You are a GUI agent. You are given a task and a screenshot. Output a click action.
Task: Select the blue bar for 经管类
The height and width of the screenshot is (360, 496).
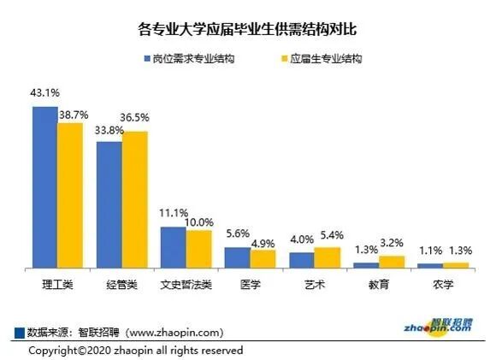(109, 205)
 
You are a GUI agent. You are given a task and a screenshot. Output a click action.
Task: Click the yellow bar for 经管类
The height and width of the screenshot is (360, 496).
(134, 200)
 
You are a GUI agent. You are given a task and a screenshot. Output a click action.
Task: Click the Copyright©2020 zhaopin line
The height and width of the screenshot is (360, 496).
(136, 351)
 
